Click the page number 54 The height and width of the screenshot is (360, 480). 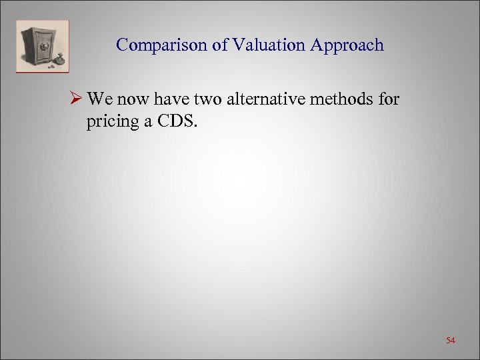pyautogui.click(x=451, y=341)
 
